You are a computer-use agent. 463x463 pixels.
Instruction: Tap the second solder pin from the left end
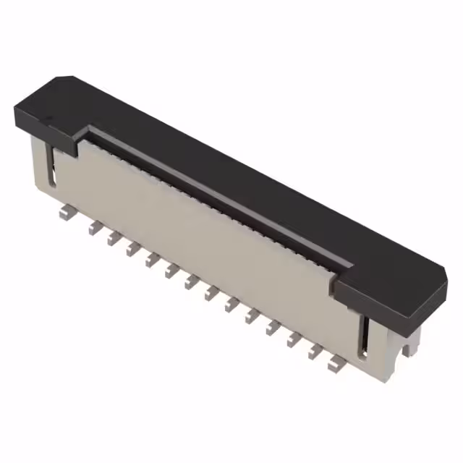(x=93, y=228)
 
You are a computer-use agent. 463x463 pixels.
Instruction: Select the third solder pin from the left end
(x=112, y=238)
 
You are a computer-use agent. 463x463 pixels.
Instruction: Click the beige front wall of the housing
(x=203, y=231)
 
